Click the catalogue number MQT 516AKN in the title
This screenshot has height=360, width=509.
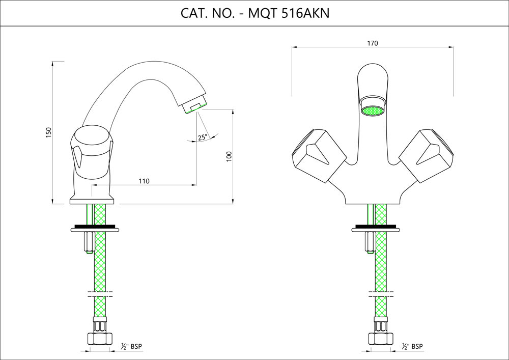tap(288, 13)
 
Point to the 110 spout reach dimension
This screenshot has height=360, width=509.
tap(144, 181)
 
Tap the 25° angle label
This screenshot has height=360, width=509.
tap(203, 137)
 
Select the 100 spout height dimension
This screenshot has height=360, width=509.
tap(229, 157)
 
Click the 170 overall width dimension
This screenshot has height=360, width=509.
tap(372, 43)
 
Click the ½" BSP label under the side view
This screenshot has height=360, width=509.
tap(132, 346)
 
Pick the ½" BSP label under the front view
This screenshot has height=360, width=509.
tap(412, 346)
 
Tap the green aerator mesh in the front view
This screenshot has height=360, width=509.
tap(372, 110)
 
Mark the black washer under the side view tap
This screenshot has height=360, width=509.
tap(95, 226)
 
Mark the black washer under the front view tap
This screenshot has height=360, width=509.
tap(376, 226)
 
